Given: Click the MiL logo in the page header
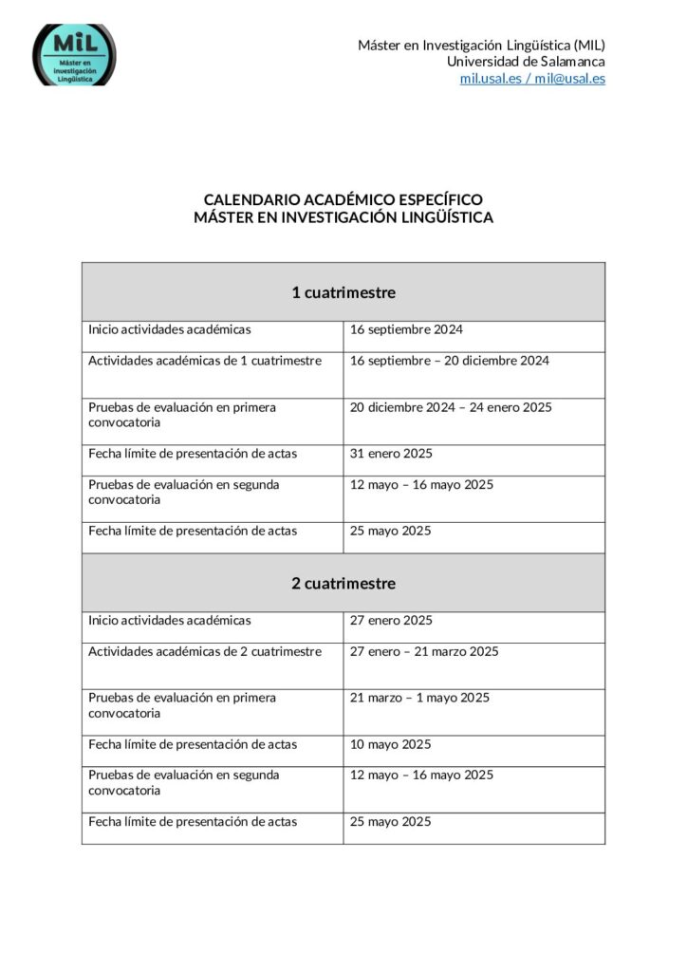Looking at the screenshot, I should coord(74,54).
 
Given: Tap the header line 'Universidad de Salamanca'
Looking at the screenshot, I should coord(526,62).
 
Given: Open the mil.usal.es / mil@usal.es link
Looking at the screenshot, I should coord(531,79).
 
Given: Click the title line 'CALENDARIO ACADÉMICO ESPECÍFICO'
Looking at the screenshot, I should coord(343,199).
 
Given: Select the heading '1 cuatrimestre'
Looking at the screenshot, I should coord(343,292).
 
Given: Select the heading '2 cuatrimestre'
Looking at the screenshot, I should coord(343,583).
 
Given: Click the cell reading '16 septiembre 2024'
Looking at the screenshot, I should coord(406,330).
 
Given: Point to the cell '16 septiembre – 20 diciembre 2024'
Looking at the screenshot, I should coord(449,361).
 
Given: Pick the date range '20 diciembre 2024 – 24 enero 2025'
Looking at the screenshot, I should coord(451,407).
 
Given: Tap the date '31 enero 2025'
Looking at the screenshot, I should coord(390,454).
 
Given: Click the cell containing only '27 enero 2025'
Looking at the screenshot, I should coord(391,621).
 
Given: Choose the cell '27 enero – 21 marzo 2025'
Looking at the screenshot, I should coord(424,651).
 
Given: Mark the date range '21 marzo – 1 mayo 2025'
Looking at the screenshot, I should coord(419,698).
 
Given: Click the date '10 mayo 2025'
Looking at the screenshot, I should coord(390,744).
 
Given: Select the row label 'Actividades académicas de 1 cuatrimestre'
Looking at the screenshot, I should coord(205,361).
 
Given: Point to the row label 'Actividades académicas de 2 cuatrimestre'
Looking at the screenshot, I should coord(205,651).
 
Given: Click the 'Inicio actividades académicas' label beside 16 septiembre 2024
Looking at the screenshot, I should coord(170,330).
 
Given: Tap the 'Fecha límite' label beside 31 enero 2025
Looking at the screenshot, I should coord(193,454).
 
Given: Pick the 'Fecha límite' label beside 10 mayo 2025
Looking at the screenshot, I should coord(193,744).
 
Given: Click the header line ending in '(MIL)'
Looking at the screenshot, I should coord(481,45).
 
